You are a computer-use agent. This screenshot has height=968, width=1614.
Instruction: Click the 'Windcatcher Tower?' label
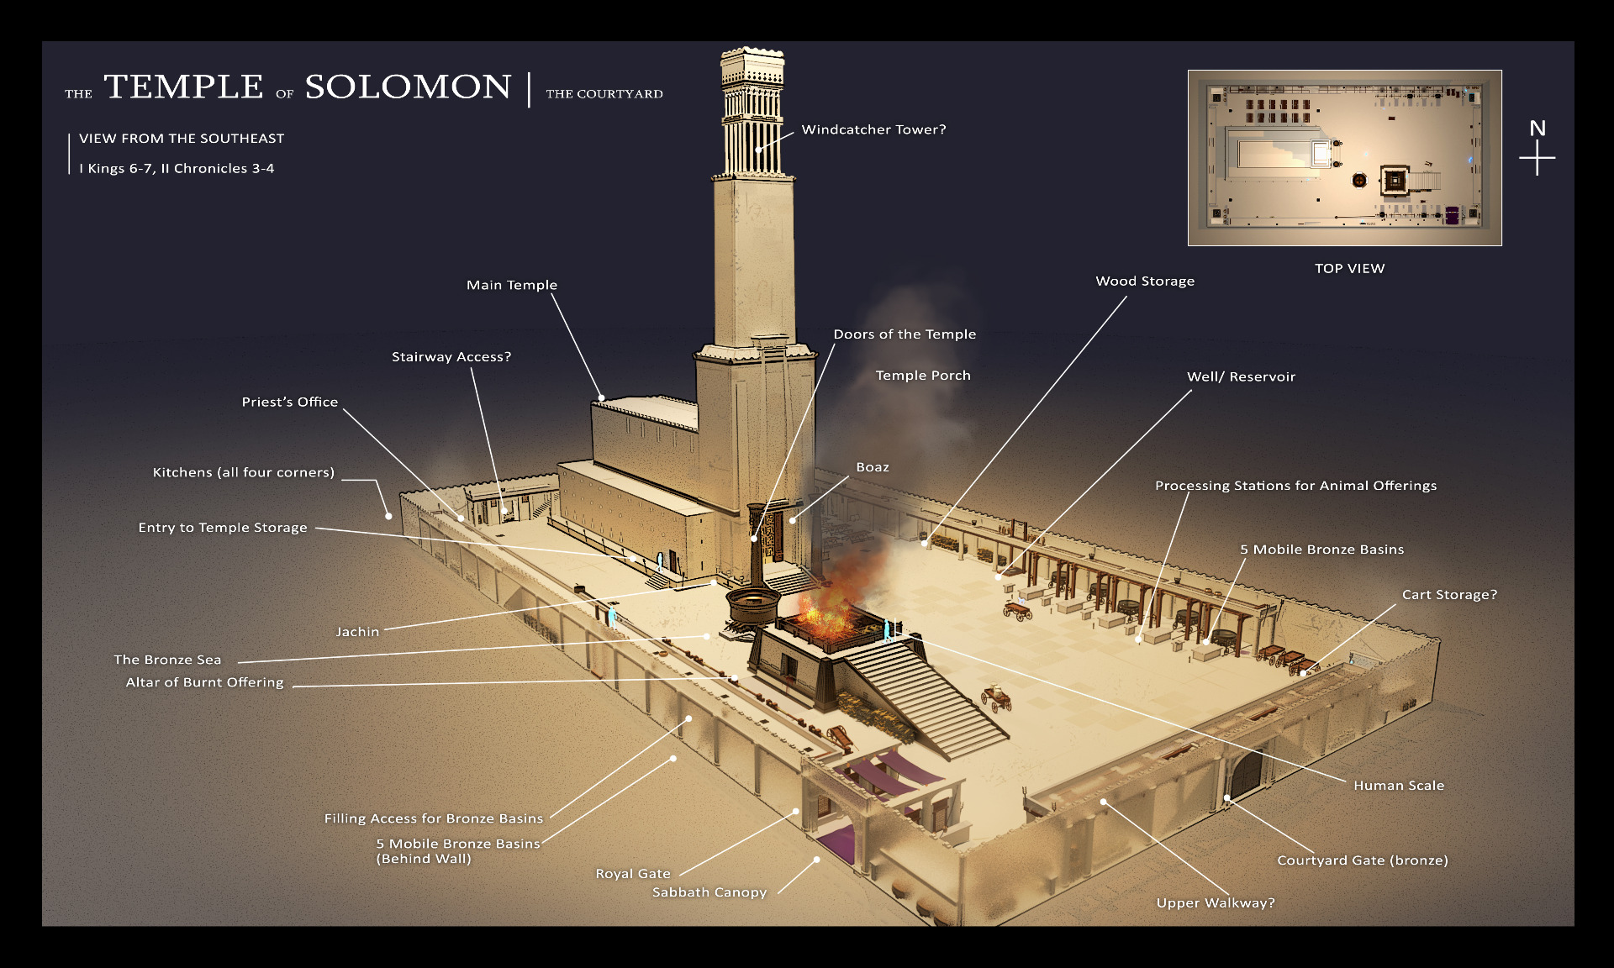pyautogui.click(x=873, y=129)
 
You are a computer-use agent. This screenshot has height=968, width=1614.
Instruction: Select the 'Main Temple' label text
pyautogui.click(x=511, y=285)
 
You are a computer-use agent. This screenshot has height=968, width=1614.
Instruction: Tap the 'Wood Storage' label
pyautogui.click(x=1144, y=281)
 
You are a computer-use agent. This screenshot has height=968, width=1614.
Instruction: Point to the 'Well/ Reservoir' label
pyautogui.click(x=1241, y=376)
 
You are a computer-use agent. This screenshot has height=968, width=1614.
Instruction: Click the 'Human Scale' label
pyautogui.click(x=1398, y=785)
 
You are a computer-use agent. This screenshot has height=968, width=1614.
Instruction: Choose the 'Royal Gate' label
pyautogui.click(x=632, y=873)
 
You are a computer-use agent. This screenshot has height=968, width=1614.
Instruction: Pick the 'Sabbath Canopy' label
pyautogui.click(x=709, y=892)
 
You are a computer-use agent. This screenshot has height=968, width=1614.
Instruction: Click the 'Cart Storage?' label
pyautogui.click(x=1449, y=594)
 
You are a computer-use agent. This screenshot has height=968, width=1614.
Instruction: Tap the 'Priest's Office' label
pyautogui.click(x=289, y=402)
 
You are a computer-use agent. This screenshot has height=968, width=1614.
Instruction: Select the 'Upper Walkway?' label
pyautogui.click(x=1215, y=902)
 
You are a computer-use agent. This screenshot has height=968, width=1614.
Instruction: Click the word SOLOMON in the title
pyautogui.click(x=408, y=87)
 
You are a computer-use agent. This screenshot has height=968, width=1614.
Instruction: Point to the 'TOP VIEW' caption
pyautogui.click(x=1349, y=268)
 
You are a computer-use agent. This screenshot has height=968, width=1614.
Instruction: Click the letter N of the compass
pyautogui.click(x=1537, y=129)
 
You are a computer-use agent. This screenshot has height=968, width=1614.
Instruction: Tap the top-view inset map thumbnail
pyautogui.click(x=1344, y=158)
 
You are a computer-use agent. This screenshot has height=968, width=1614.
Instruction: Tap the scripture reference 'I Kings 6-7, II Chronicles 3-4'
pyautogui.click(x=177, y=168)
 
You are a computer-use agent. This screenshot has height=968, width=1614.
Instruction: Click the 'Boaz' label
pyautogui.click(x=872, y=467)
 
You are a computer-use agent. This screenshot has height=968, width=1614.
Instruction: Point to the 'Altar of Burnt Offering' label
pyautogui.click(x=204, y=682)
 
